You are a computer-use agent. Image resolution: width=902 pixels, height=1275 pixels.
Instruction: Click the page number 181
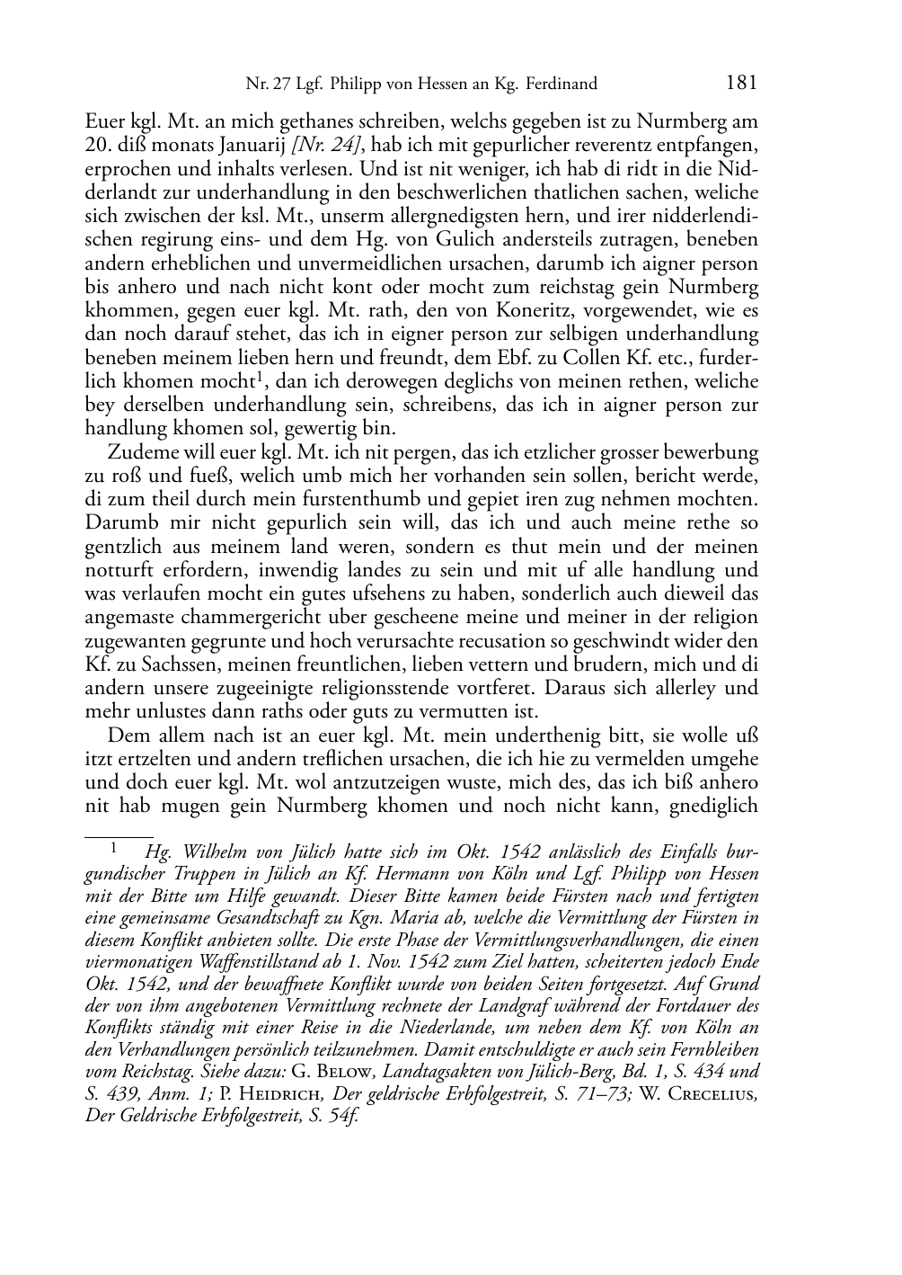coord(740,83)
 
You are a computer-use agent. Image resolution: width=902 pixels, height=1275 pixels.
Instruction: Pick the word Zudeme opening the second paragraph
coord(146,452)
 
